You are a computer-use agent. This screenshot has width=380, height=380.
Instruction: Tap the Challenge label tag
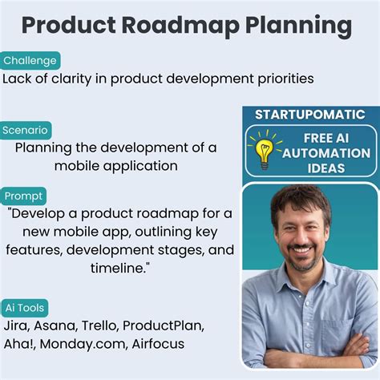pyautogui.click(x=30, y=61)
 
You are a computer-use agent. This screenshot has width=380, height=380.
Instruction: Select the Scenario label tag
pyautogui.click(x=26, y=130)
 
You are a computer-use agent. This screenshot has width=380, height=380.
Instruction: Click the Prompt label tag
pyautogui.click(x=24, y=196)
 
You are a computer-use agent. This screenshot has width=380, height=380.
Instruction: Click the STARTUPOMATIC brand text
pyautogui.click(x=309, y=115)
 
